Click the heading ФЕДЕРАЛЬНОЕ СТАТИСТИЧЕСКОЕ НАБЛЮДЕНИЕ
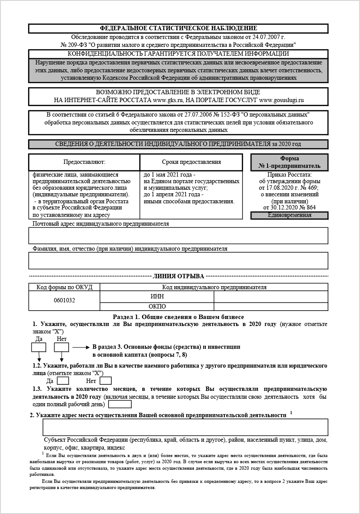tap(178, 28)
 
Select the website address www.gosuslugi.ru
tap(282, 100)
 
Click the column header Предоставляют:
tap(84, 162)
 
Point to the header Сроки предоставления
tap(191, 162)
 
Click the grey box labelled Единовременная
tap(289, 215)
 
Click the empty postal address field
tap(178, 235)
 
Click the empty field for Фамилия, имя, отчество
tap(178, 260)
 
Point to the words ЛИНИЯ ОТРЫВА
tap(178, 276)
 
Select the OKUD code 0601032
tap(64, 301)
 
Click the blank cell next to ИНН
tap(271, 297)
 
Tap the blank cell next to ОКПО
tap(271, 306)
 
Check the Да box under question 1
tap(39, 347)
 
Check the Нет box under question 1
tap(61, 347)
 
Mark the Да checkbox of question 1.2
tap(63, 381)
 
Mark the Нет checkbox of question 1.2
tap(106, 381)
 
